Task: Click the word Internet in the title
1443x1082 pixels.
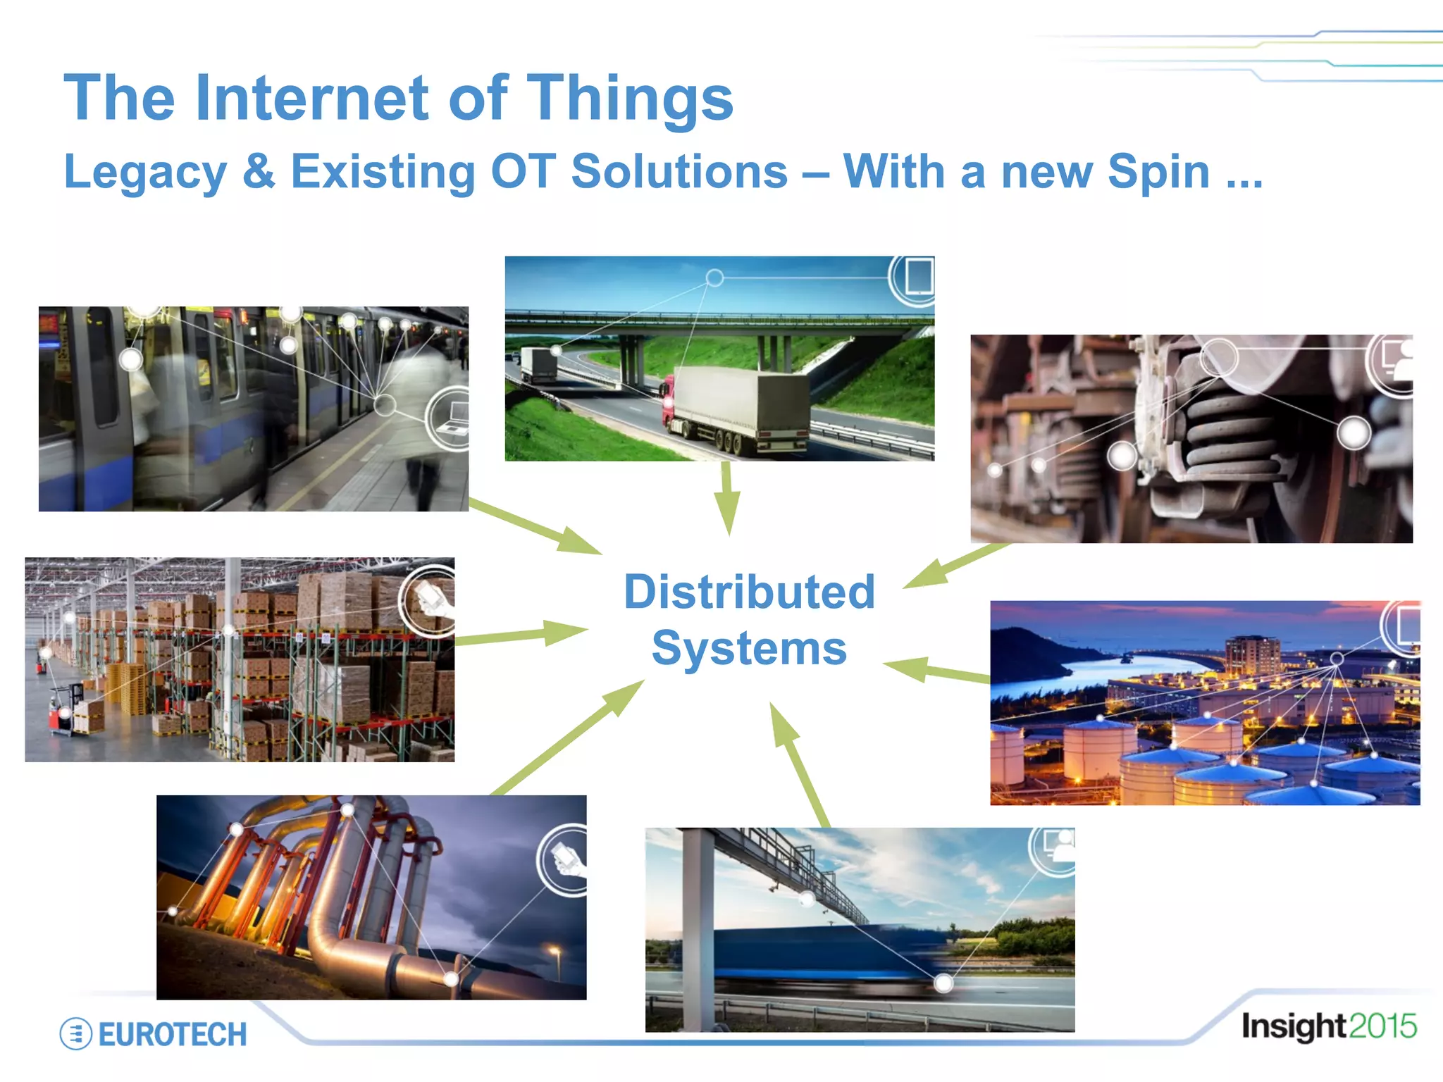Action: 311,99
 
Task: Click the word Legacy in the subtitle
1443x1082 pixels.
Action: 145,173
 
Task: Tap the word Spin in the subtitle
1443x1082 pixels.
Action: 1158,172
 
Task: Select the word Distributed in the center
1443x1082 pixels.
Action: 749,592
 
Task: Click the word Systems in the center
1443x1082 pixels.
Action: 749,648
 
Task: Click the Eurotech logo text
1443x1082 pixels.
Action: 172,1035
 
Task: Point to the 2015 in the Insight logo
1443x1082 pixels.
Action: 1382,1026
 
